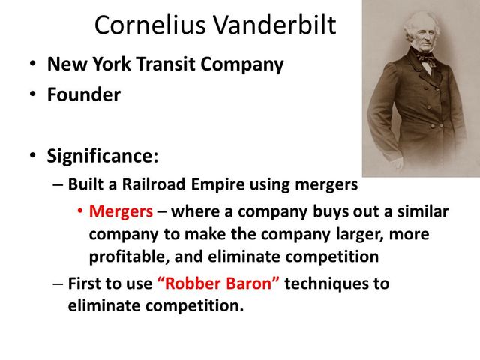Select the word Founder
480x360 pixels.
pyautogui.click(x=83, y=95)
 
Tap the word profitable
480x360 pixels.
pyautogui.click(x=121, y=256)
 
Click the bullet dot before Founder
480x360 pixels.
pyautogui.click(x=33, y=96)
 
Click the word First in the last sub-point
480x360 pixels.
pyautogui.click(x=85, y=284)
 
